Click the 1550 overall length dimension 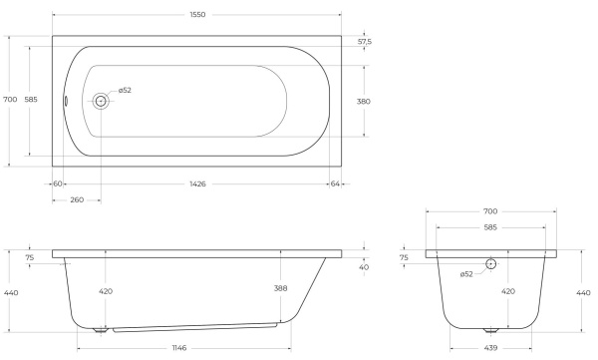[197, 15]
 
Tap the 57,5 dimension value [365, 42]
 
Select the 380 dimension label [364, 102]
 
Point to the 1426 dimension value [197, 184]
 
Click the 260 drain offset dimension [77, 200]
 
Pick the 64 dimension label [335, 184]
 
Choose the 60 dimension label [57, 184]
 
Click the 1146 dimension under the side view [179, 348]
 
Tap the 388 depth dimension [280, 288]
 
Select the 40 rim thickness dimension [364, 267]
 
